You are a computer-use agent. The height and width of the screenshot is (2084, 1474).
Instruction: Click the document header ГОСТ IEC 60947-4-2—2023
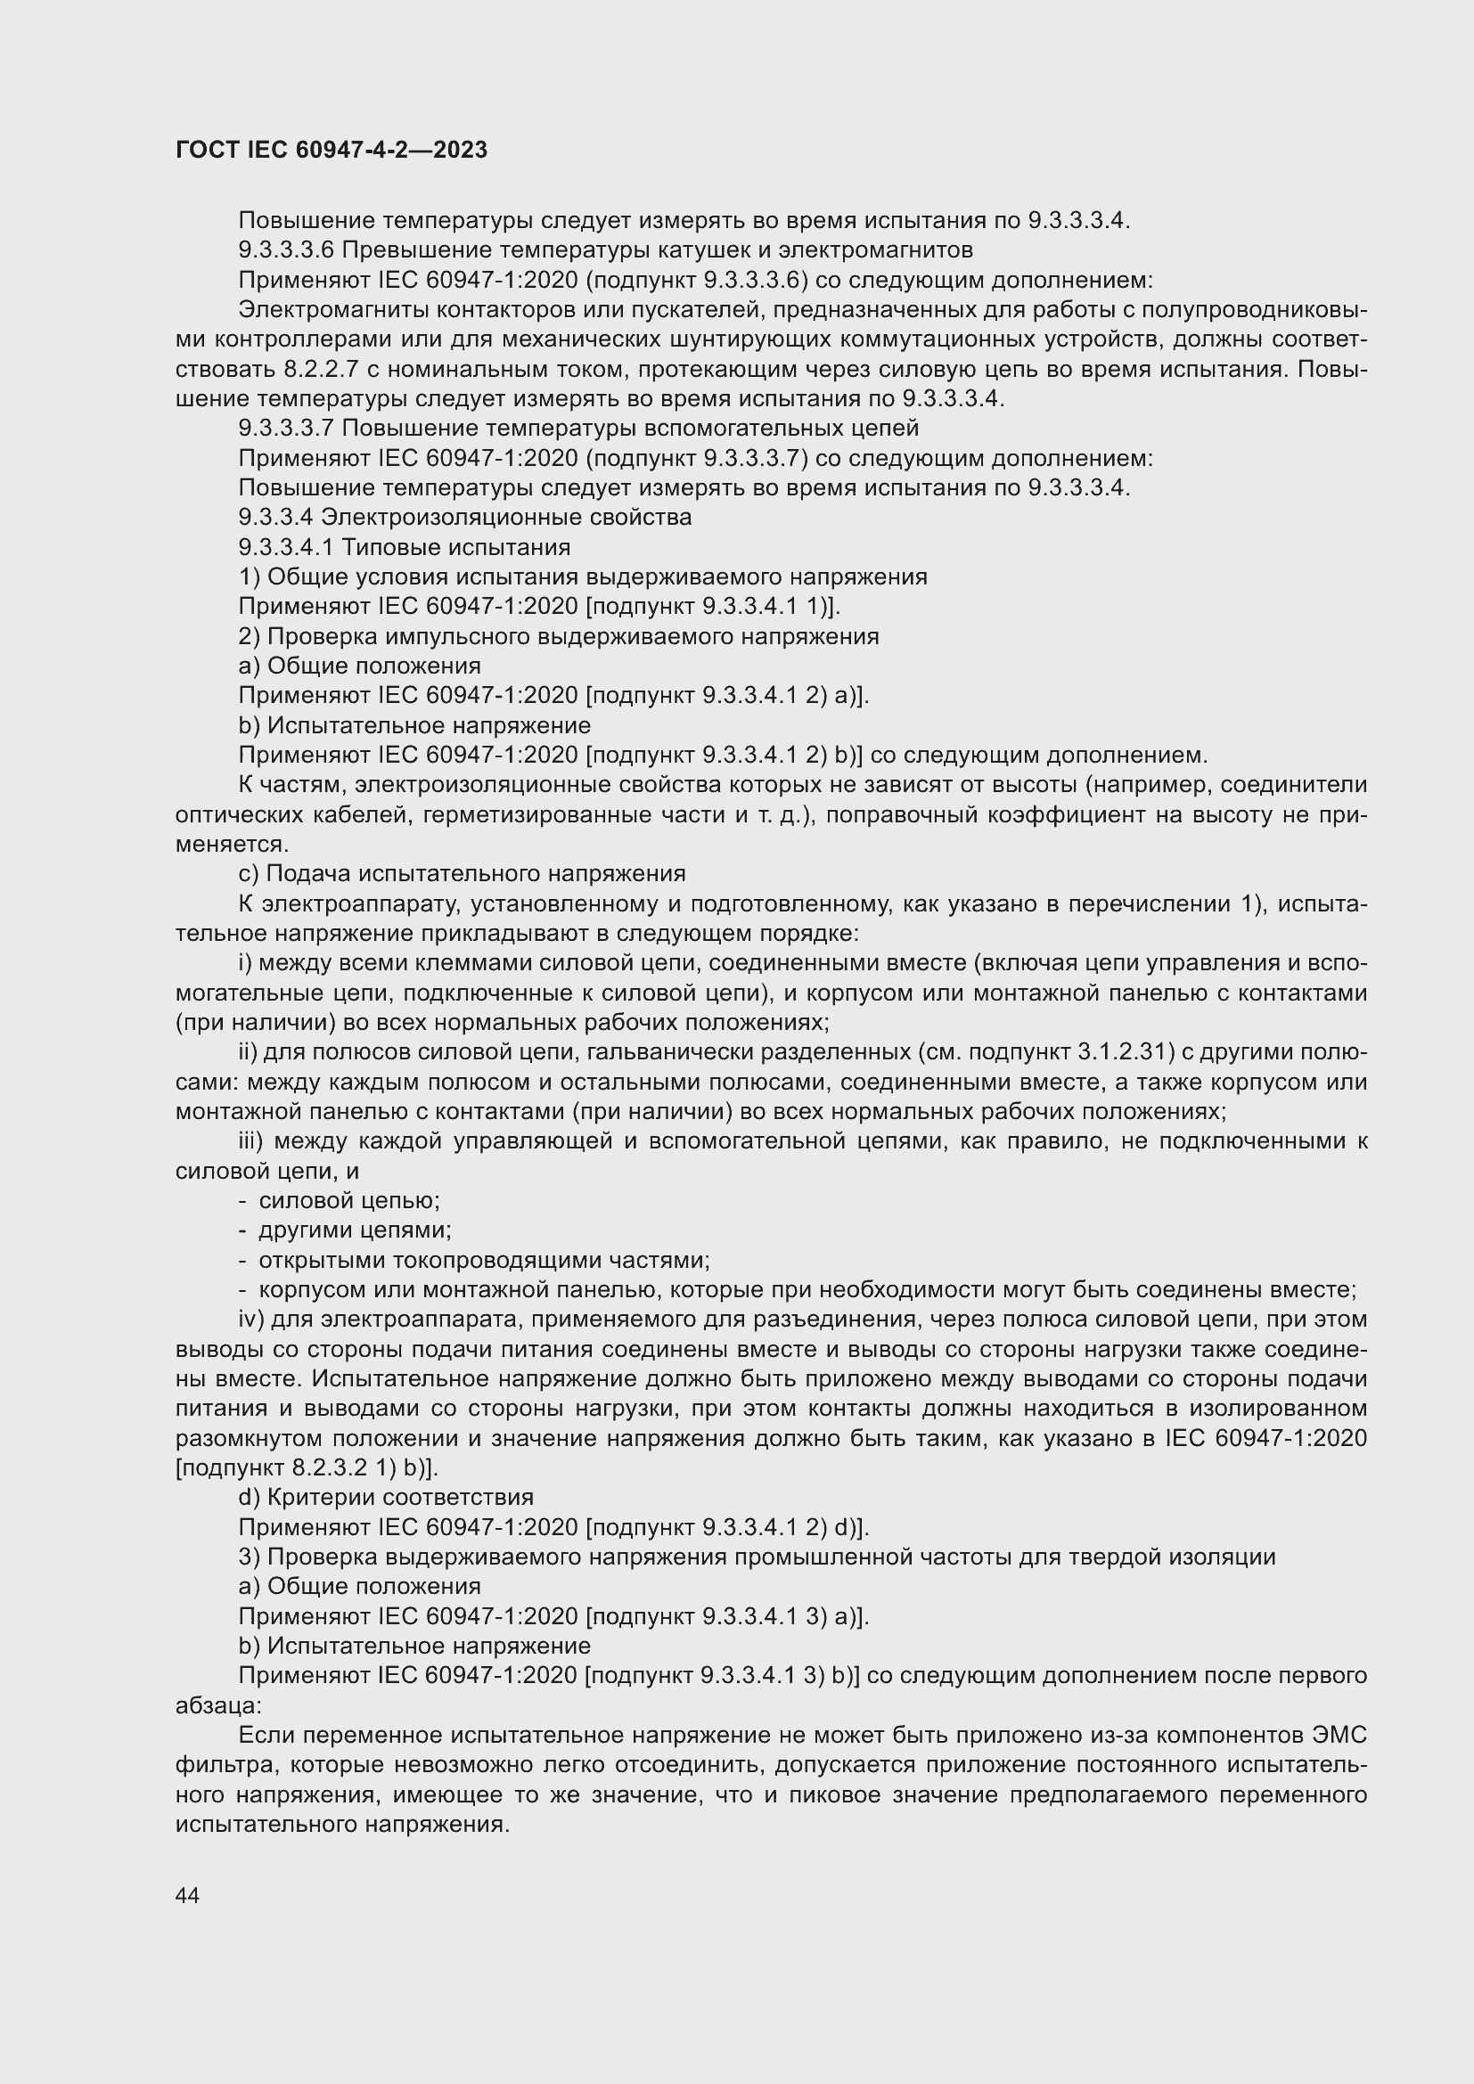pos(332,150)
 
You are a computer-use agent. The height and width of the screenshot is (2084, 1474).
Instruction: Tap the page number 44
pos(188,1895)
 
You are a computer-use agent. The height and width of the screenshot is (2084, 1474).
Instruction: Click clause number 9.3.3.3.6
pos(286,249)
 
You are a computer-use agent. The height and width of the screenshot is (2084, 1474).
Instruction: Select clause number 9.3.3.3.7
pos(286,428)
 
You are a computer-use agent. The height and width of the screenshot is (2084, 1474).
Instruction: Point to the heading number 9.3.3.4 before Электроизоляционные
pos(275,518)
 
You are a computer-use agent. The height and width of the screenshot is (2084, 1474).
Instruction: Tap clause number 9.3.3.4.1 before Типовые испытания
pos(286,547)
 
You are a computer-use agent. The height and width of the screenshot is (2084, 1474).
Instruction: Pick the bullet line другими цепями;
pos(355,1230)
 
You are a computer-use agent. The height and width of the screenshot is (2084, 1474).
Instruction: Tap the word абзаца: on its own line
pos(217,1705)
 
